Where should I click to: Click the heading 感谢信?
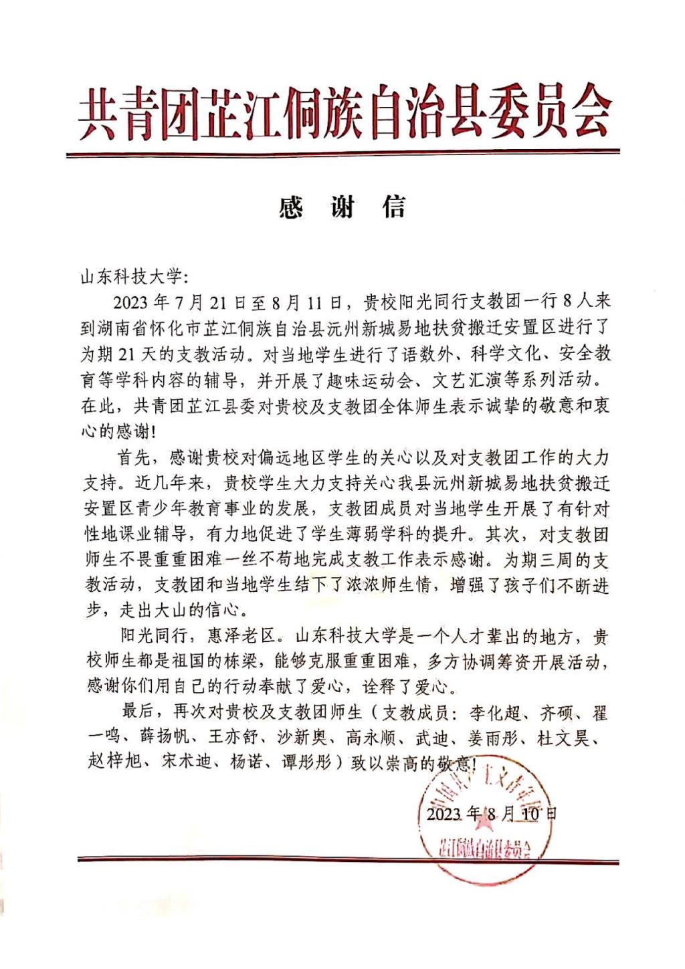point(342,208)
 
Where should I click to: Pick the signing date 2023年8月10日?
point(491,813)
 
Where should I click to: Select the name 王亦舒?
point(233,737)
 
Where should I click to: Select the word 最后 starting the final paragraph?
point(138,713)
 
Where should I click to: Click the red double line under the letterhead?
point(342,155)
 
